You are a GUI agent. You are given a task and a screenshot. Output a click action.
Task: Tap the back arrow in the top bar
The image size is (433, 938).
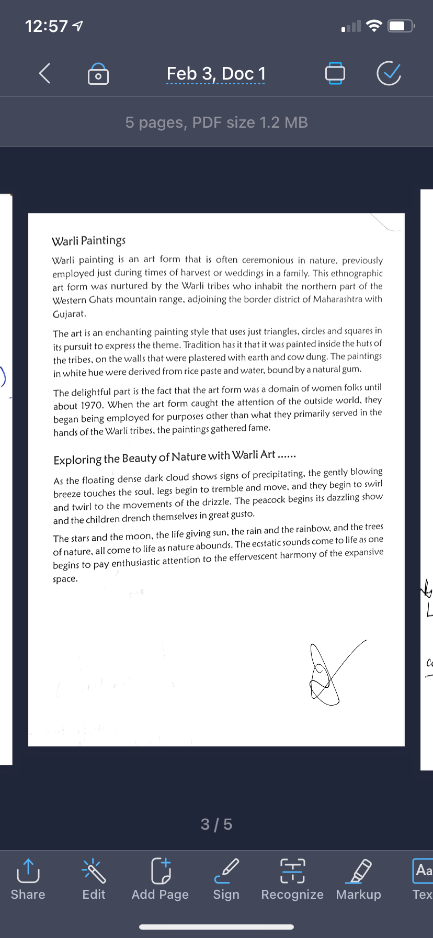[x=45, y=73]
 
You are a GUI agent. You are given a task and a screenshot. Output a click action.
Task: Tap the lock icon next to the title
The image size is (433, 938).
[x=98, y=74]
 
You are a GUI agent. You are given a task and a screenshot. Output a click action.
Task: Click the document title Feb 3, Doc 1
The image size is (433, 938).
[x=216, y=74]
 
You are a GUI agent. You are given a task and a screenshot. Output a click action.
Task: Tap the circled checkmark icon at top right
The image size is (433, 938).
[x=389, y=73]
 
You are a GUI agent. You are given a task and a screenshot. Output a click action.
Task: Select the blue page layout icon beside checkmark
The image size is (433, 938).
[x=335, y=73]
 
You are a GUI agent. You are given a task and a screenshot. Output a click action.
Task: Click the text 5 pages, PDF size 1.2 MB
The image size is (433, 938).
[x=216, y=122]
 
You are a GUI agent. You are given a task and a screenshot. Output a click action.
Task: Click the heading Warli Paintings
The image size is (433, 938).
[x=88, y=241]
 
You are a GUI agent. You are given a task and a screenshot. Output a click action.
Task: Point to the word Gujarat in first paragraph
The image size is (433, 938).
[x=69, y=314]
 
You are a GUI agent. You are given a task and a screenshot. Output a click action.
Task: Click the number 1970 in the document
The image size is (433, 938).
[x=92, y=405]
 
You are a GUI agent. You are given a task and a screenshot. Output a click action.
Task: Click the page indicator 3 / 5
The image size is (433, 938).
[x=216, y=824]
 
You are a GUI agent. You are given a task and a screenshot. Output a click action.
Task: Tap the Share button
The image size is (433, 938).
[x=28, y=879]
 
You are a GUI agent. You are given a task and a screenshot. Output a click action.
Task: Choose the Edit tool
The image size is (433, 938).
[x=94, y=879]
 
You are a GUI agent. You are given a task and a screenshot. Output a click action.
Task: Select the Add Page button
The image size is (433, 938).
[x=160, y=879]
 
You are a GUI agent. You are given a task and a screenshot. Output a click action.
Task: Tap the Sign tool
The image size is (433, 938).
[x=226, y=879]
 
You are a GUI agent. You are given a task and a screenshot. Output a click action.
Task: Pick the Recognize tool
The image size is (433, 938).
[x=292, y=879]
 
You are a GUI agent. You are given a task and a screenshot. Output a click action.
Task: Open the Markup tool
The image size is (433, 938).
[x=359, y=879]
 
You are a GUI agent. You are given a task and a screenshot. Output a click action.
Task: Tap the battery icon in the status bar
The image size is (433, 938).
[x=400, y=26]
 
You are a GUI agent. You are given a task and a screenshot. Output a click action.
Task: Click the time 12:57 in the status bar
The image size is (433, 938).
[x=46, y=26]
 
